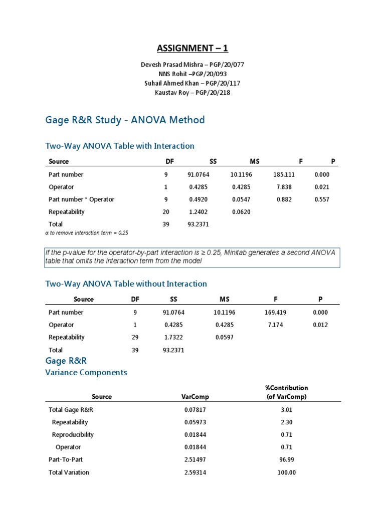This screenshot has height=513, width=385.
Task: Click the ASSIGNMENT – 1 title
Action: pyautogui.click(x=192, y=48)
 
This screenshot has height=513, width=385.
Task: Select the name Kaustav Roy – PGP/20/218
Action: pyautogui.click(x=192, y=93)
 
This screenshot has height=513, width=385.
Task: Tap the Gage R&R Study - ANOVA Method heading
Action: pyautogui.click(x=125, y=120)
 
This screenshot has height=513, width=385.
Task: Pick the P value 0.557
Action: pyautogui.click(x=322, y=199)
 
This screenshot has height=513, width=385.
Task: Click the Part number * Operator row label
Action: pyautogui.click(x=81, y=199)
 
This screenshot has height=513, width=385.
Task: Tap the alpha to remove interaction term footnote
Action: pyautogui.click(x=87, y=233)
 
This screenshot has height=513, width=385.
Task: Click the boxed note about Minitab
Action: pyautogui.click(x=192, y=257)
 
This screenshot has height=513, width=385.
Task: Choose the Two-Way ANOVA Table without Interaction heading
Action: pyautogui.click(x=126, y=284)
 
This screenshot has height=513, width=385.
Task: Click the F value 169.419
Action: pyautogui.click(x=275, y=312)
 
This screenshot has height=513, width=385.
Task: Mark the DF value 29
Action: pyautogui.click(x=135, y=337)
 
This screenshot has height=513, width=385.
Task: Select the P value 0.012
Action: pyautogui.click(x=320, y=325)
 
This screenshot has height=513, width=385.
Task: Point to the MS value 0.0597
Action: pyautogui.click(x=224, y=337)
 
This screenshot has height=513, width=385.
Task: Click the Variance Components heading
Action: pyautogui.click(x=86, y=373)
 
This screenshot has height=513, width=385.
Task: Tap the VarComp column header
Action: pyautogui.click(x=195, y=396)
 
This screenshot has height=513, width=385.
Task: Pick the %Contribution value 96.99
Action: pyautogui.click(x=286, y=459)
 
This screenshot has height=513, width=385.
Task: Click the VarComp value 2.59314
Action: pyautogui.click(x=195, y=472)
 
